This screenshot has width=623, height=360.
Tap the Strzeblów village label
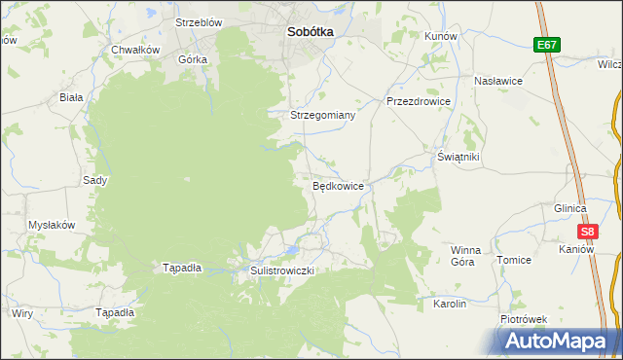(x=199, y=22)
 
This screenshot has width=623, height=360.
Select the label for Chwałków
(x=135, y=50)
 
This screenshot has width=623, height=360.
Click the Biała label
(x=71, y=97)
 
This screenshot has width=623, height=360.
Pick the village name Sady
(x=94, y=180)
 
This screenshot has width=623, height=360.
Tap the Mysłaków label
(x=52, y=225)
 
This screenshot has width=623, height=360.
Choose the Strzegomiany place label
(x=323, y=115)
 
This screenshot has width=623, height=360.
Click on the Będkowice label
(x=338, y=186)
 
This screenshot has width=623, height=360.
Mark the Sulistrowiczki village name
(x=282, y=270)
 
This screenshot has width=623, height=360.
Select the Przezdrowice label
(x=417, y=100)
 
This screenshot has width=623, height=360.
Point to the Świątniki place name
(x=458, y=157)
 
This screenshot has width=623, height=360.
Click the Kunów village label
(x=441, y=35)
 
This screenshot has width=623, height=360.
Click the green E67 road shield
(x=545, y=45)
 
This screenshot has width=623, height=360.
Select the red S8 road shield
(x=587, y=232)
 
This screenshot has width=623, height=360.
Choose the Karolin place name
(x=450, y=304)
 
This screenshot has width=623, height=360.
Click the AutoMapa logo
(x=556, y=341)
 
